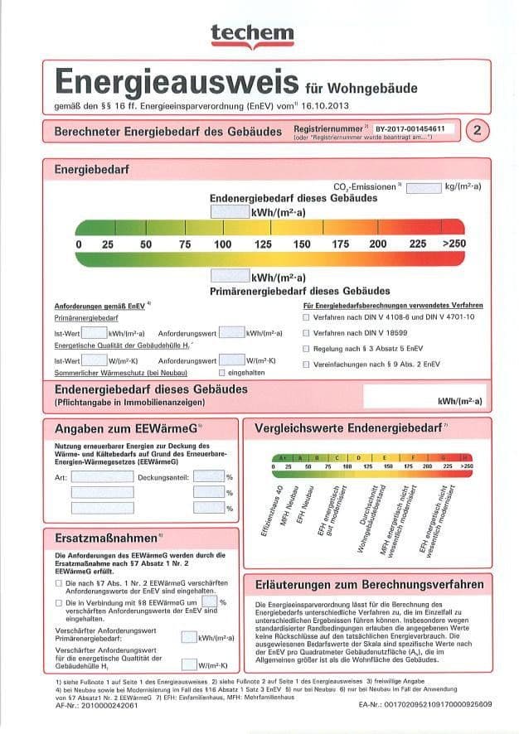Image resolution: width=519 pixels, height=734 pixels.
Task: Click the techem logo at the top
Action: (x=252, y=32)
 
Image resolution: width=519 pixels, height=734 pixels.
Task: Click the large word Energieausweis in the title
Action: (x=176, y=83)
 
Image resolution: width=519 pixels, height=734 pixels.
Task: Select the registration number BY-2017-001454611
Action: (x=410, y=130)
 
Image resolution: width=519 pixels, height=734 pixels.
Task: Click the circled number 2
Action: (x=478, y=130)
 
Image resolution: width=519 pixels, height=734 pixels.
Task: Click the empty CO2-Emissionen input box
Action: (x=423, y=188)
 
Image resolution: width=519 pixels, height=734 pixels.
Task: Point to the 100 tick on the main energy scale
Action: (x=222, y=244)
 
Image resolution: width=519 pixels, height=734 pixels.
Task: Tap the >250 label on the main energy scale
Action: (x=454, y=244)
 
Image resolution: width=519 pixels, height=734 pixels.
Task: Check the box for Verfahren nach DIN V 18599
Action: (x=306, y=333)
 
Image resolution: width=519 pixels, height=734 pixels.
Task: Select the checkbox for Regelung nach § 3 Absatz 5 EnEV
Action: (x=306, y=349)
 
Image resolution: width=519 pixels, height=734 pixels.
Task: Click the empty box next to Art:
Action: (x=102, y=477)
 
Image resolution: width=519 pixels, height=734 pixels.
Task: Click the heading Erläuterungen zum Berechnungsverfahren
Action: (x=370, y=584)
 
